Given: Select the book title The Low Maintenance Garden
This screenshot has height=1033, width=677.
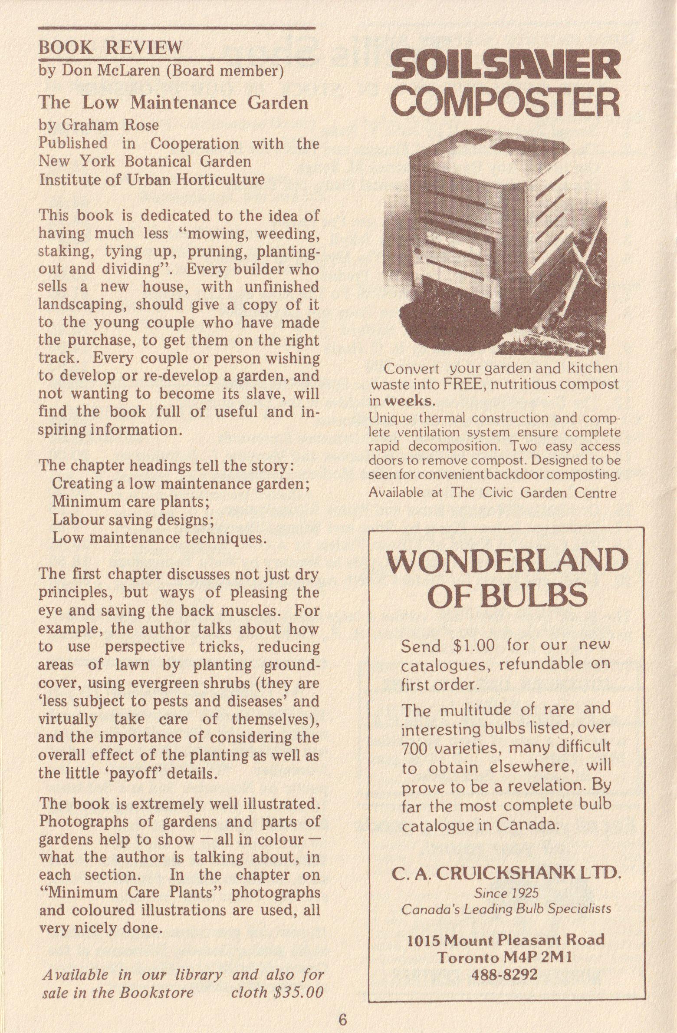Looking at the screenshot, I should (174, 102).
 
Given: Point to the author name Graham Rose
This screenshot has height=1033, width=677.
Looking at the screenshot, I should (111, 125).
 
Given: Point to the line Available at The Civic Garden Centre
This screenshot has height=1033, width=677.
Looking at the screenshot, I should (492, 492).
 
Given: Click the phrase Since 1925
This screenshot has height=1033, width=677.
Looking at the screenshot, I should (506, 893).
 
